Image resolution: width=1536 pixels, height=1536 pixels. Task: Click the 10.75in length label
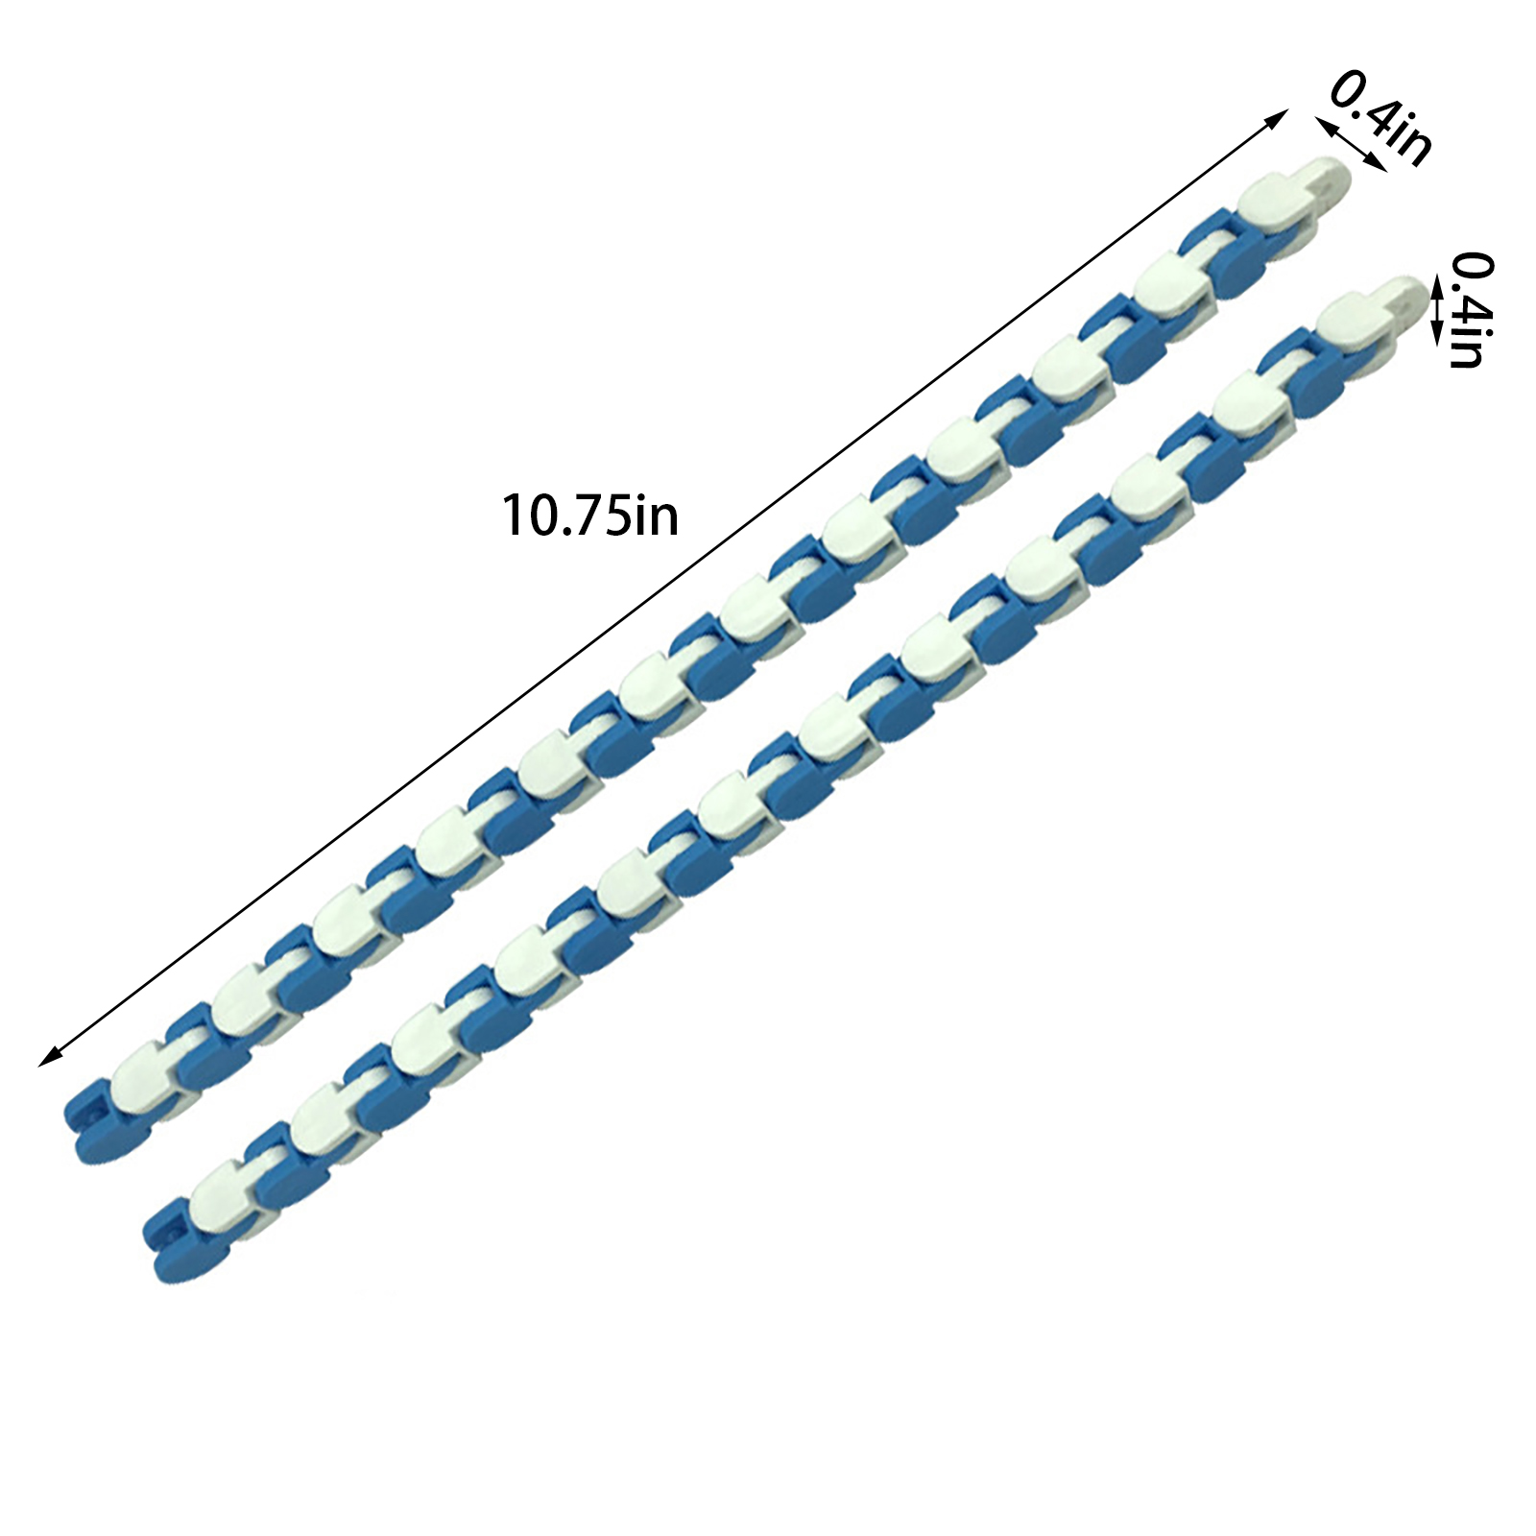tap(590, 515)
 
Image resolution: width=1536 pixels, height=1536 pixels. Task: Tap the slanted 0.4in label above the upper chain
tap(1380, 116)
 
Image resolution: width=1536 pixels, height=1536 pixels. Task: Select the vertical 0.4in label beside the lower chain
tap(1470, 310)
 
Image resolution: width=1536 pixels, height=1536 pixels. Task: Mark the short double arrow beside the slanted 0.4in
tap(1350, 144)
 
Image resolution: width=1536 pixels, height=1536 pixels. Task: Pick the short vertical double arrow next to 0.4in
tap(1437, 309)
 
